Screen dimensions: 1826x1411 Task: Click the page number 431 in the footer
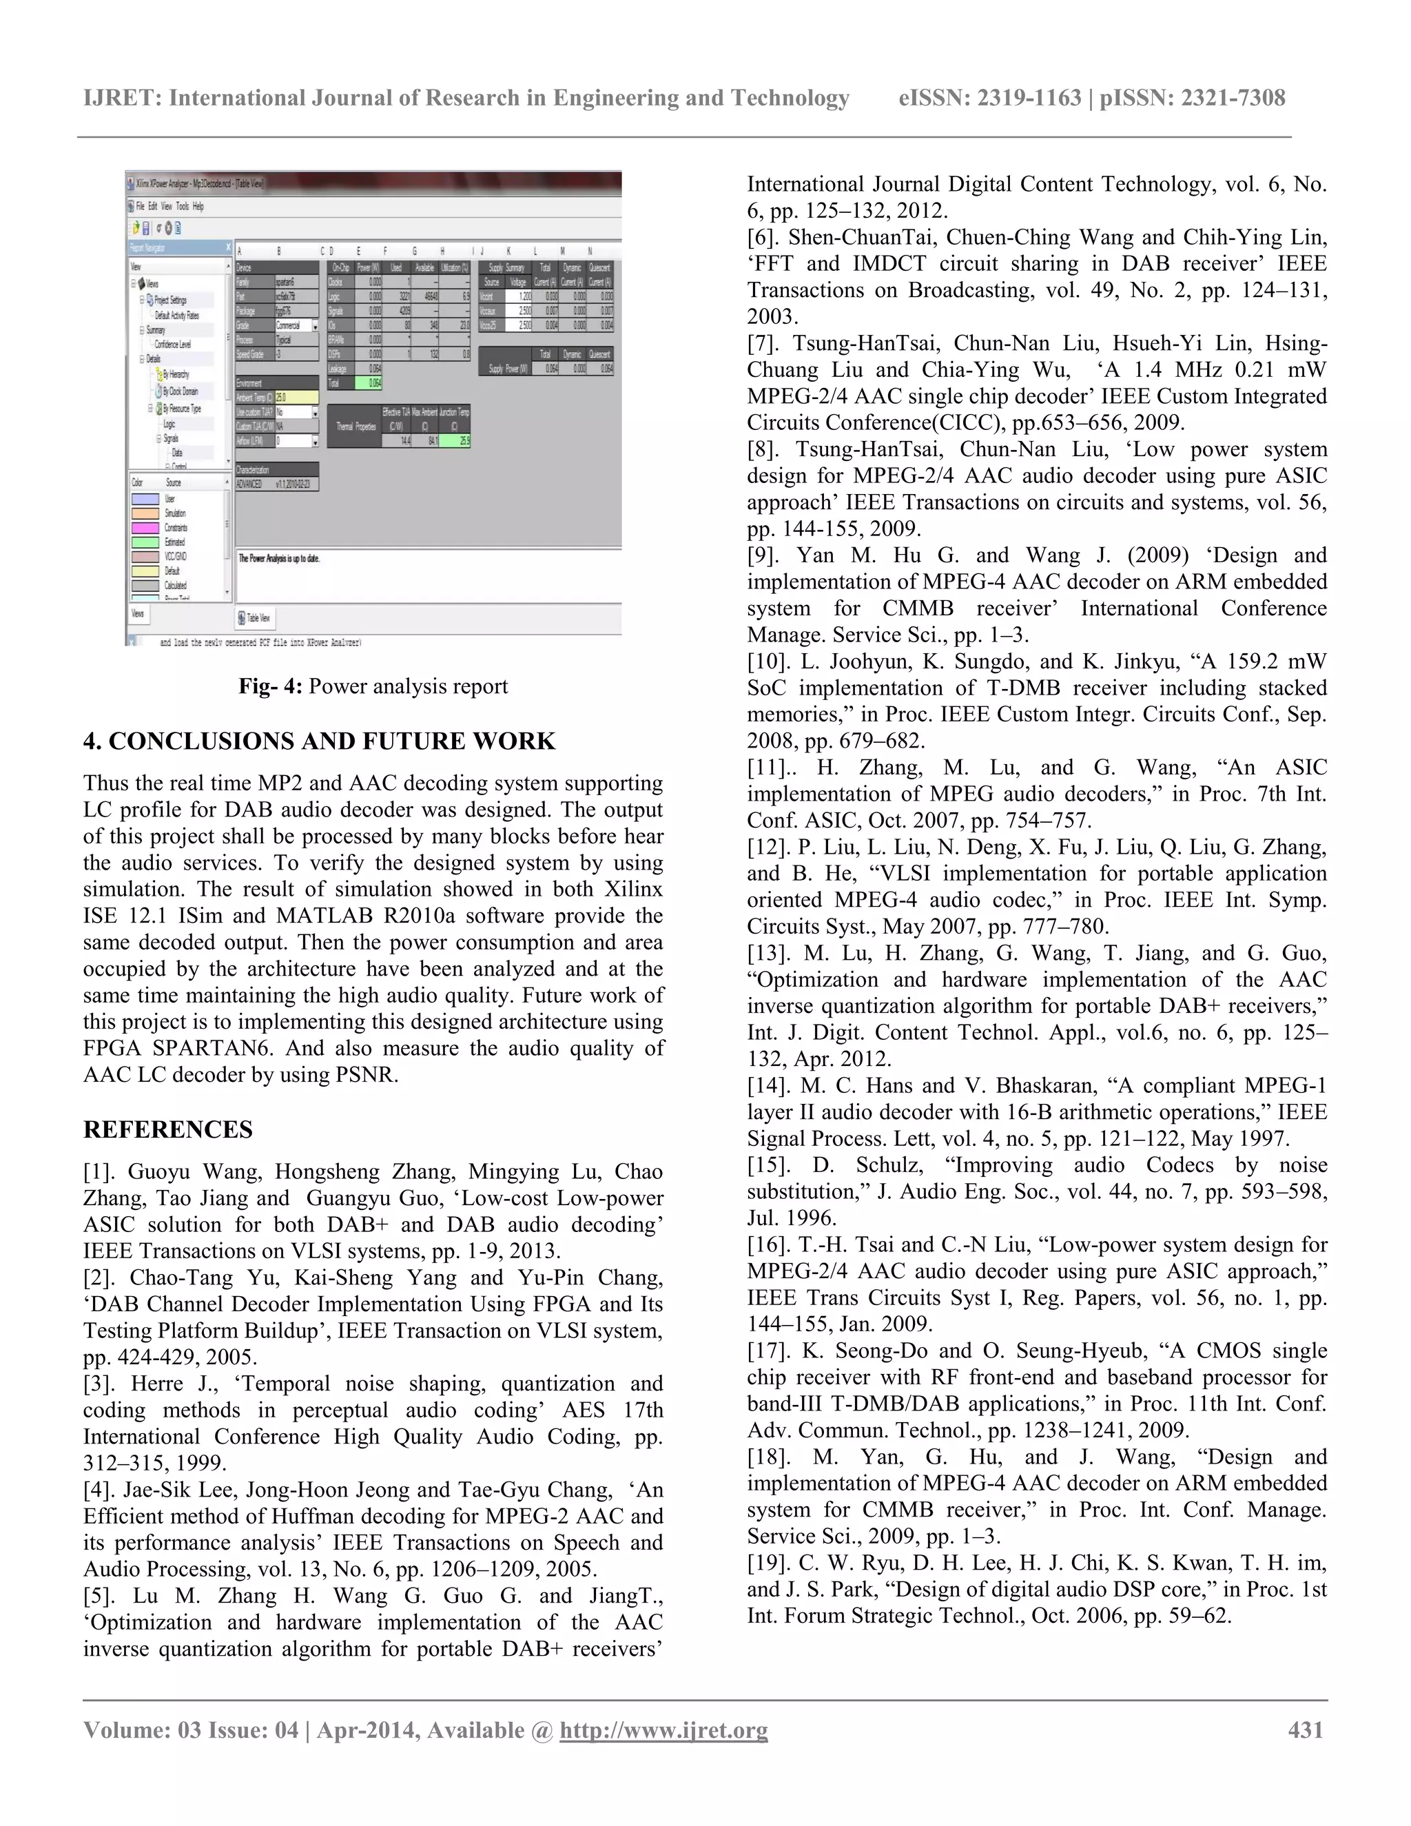1306,1730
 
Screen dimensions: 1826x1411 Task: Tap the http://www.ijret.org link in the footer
663,1730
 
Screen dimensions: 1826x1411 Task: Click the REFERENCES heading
168,1129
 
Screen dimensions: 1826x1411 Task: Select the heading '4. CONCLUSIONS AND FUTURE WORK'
319,741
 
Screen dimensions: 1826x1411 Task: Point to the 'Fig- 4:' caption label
270,686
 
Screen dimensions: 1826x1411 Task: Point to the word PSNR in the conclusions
364,1075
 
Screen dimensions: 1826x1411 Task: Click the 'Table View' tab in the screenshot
256,618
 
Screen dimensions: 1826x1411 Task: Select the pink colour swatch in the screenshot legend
145,528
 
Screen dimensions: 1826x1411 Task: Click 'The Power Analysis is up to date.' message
279,557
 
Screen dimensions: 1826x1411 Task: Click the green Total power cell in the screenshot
369,383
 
